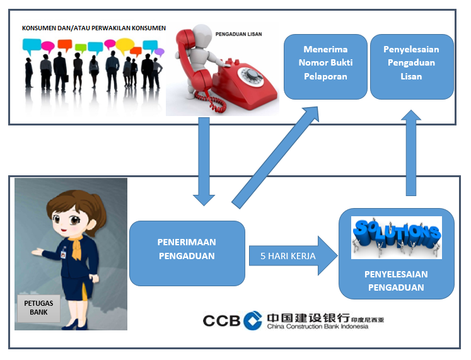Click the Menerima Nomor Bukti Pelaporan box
coord(325,67)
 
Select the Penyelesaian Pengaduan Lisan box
coord(412,67)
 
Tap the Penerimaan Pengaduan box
coord(187,253)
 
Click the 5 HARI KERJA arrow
coord(293,256)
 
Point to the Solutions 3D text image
coord(397,238)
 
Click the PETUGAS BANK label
coord(38,308)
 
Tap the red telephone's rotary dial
coord(250,76)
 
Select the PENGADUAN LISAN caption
coord(238,34)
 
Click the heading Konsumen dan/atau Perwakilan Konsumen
coord(94,28)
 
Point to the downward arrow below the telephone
coord(204,161)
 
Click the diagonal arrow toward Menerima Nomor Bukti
coord(275,158)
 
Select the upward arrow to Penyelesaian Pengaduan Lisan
coord(411,153)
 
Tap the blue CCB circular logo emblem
coord(253,321)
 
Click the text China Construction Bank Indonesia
coord(318,327)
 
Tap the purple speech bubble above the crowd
coord(160,52)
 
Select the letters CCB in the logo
coord(222,321)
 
